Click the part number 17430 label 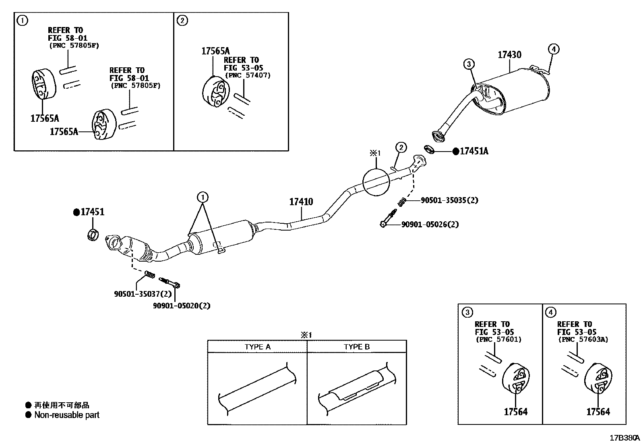(509, 55)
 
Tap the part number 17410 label (301, 202)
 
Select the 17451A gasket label (474, 151)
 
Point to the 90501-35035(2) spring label (449, 200)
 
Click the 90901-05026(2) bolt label (430, 224)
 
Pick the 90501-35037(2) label (143, 294)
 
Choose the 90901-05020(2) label (182, 306)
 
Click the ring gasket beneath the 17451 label (93, 235)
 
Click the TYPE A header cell (257, 347)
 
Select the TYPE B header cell (356, 347)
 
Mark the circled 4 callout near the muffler (554, 49)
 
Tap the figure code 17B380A (624, 437)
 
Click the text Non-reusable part (67, 415)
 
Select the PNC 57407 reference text (248, 75)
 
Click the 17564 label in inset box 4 (598, 412)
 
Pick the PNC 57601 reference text (498, 339)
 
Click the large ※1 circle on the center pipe (376, 182)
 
